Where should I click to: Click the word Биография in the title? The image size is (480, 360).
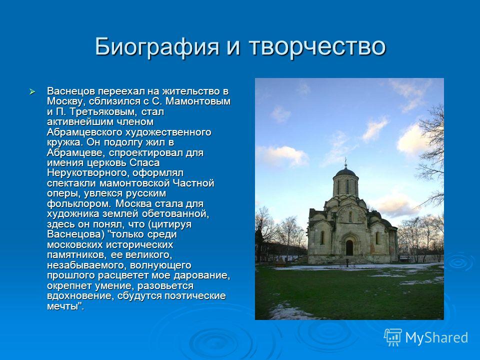point(157,46)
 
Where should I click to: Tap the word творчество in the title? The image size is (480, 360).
point(317,46)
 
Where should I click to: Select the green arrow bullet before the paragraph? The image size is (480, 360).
point(32,91)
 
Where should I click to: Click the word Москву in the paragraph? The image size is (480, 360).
point(65,101)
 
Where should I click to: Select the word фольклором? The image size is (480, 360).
point(79,204)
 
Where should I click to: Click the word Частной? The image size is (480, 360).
point(193,183)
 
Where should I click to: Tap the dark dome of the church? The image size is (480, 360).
point(345,171)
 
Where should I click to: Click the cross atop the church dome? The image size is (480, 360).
point(345,161)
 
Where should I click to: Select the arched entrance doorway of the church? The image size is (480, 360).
point(349,247)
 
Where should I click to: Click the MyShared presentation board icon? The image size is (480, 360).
point(393,337)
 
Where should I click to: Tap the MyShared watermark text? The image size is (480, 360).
point(436,338)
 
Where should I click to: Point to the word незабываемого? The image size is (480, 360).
point(88,265)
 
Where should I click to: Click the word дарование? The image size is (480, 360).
point(201,275)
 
